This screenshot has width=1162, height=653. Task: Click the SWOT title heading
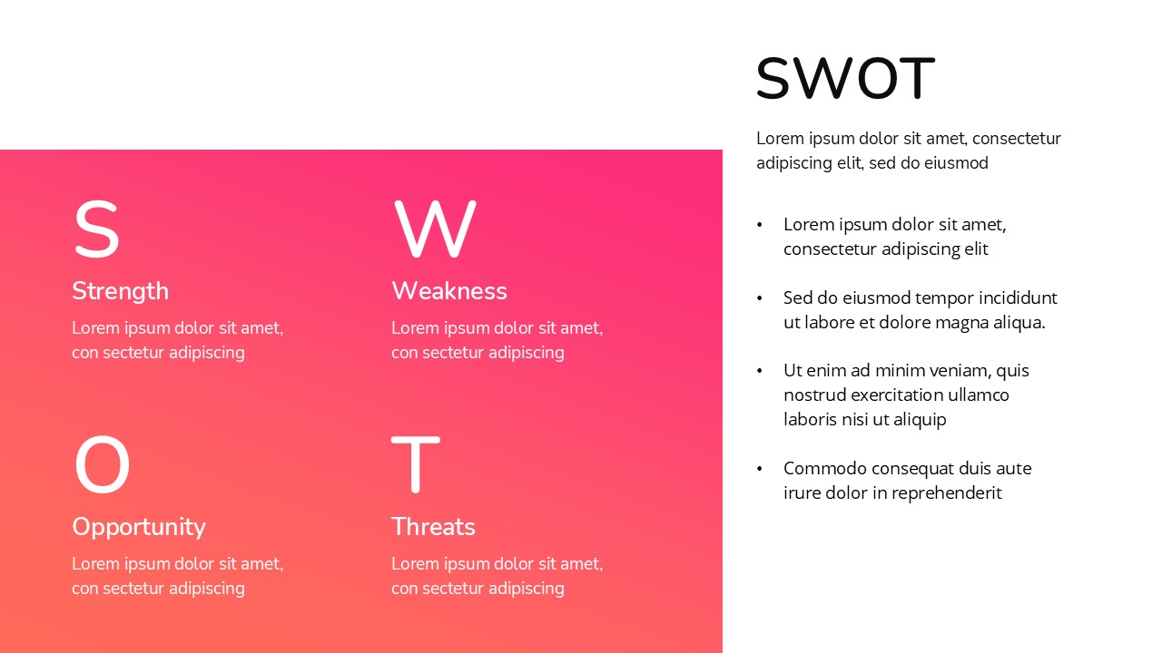coord(844,78)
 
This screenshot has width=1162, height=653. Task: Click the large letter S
coord(96,230)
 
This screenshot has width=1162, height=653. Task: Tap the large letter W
coord(435,230)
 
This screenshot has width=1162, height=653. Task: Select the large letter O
coord(102,465)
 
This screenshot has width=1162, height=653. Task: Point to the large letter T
coord(415,464)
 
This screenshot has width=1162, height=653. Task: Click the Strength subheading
coord(120,291)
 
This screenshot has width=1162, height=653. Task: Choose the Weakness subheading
coord(448,291)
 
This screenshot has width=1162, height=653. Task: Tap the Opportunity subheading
coord(138,527)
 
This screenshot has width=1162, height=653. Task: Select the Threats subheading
coord(433,527)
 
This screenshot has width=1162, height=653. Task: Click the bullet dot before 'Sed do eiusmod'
coord(760,297)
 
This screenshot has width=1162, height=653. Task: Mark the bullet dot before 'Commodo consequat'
coord(760,469)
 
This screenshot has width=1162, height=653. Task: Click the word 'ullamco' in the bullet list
coord(977,395)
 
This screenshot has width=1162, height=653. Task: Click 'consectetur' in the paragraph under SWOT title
coord(1016,139)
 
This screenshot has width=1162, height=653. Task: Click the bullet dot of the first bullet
coord(760,224)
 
